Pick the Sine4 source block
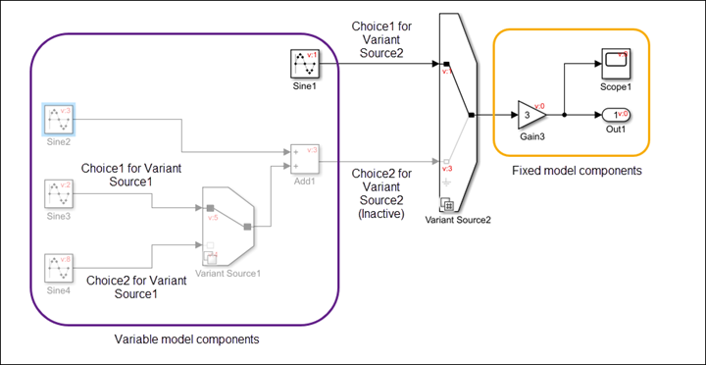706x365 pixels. point(59,268)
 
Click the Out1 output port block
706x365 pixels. point(615,115)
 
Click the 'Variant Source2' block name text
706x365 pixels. point(458,219)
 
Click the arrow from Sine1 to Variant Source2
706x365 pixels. point(382,65)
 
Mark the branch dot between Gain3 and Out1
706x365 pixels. point(564,115)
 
